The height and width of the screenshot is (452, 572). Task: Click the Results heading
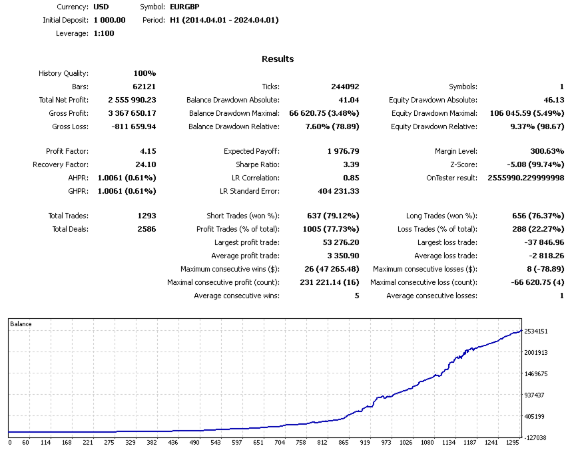(278, 59)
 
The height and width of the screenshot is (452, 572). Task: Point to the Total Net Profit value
(132, 100)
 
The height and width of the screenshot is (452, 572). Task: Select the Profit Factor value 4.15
(148, 151)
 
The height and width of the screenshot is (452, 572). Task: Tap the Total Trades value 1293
(145, 216)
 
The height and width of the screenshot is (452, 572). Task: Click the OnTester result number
(526, 178)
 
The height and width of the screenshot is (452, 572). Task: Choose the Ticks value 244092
(345, 87)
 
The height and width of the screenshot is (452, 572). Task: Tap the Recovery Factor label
(60, 164)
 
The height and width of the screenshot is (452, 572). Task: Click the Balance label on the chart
(21, 324)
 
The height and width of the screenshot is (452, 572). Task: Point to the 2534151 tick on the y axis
(536, 331)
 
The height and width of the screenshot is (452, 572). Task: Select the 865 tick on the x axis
(344, 442)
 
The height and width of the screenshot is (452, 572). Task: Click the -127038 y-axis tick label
(536, 437)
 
